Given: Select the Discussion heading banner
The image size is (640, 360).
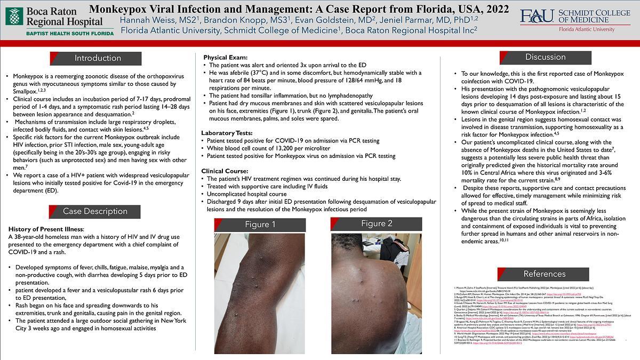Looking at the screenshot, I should click(545, 57).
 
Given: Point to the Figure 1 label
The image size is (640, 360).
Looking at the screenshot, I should click(260, 225).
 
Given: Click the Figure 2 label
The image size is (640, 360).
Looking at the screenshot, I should click(377, 223).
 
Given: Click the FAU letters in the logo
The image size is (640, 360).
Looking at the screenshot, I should click(537, 17).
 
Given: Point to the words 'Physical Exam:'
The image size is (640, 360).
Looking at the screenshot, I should click(226, 57).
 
